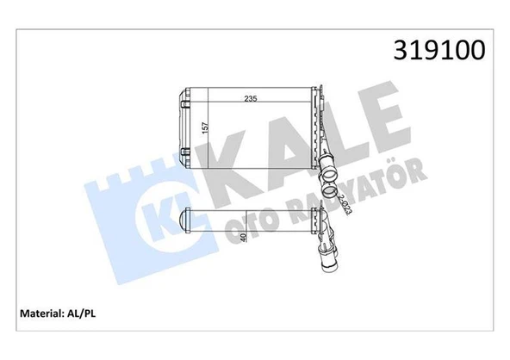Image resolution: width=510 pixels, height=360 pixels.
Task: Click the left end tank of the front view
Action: click(185, 118)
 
